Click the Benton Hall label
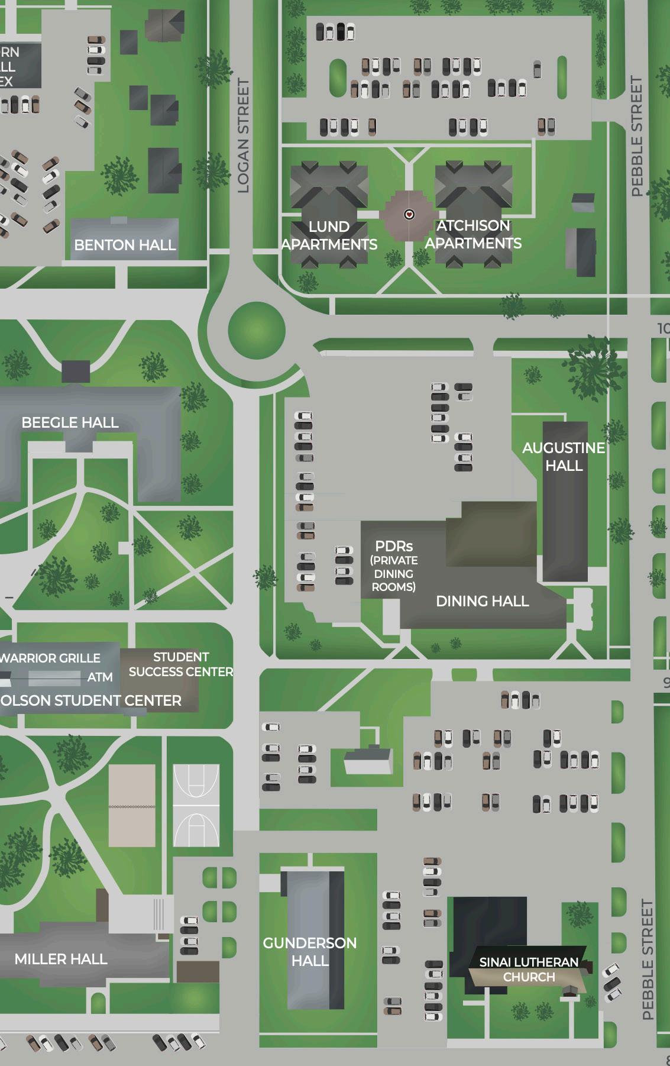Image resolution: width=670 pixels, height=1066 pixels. [x=125, y=245]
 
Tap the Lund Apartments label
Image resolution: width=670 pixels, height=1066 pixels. [x=329, y=235]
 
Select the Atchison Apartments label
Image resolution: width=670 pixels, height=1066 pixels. [x=473, y=234]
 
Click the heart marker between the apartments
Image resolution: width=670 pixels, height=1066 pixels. [x=409, y=214]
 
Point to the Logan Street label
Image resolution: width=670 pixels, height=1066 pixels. [x=243, y=136]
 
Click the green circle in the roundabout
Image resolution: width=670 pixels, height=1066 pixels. [x=257, y=331]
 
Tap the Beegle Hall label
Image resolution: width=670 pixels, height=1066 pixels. [x=70, y=422]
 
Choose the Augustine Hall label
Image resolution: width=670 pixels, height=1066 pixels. [x=564, y=457]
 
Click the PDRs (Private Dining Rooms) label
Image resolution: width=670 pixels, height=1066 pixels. [x=394, y=566]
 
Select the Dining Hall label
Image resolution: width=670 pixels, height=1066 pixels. [x=482, y=601]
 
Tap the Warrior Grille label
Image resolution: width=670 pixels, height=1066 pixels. [x=50, y=658]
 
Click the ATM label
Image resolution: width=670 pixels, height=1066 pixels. [x=100, y=677]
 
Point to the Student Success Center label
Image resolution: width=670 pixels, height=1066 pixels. [x=181, y=664]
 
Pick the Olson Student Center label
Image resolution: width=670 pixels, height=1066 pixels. [x=91, y=700]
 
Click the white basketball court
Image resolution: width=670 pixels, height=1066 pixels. [x=196, y=805]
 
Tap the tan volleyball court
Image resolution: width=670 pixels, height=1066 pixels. [x=132, y=805]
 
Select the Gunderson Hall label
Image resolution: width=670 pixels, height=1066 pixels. [x=310, y=951]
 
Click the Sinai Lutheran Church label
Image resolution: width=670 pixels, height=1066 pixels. [x=529, y=970]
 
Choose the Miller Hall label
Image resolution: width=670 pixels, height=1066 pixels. [x=61, y=959]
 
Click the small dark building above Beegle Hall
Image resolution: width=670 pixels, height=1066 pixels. [x=76, y=371]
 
